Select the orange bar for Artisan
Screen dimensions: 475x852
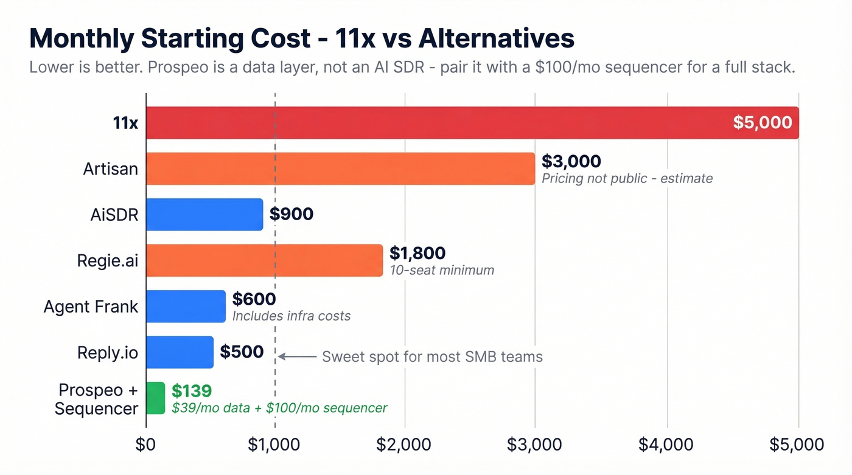(x=340, y=168)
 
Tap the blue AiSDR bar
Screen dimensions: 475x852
(x=204, y=214)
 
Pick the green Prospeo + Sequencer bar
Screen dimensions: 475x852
(x=156, y=398)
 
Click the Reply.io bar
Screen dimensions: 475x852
(x=180, y=352)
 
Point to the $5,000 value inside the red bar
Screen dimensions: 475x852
(x=762, y=123)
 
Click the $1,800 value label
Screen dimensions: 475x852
(x=417, y=253)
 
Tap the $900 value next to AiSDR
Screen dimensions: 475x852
(x=292, y=214)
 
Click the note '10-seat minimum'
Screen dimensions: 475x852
(x=442, y=269)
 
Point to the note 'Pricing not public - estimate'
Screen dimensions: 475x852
(x=627, y=178)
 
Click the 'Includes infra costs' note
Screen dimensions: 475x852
(x=292, y=316)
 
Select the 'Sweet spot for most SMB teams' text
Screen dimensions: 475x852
(x=432, y=356)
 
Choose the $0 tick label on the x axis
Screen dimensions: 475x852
(x=146, y=445)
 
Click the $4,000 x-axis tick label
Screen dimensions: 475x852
(x=666, y=445)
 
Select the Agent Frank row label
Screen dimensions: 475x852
(x=91, y=306)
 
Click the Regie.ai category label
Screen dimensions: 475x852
(x=108, y=260)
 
